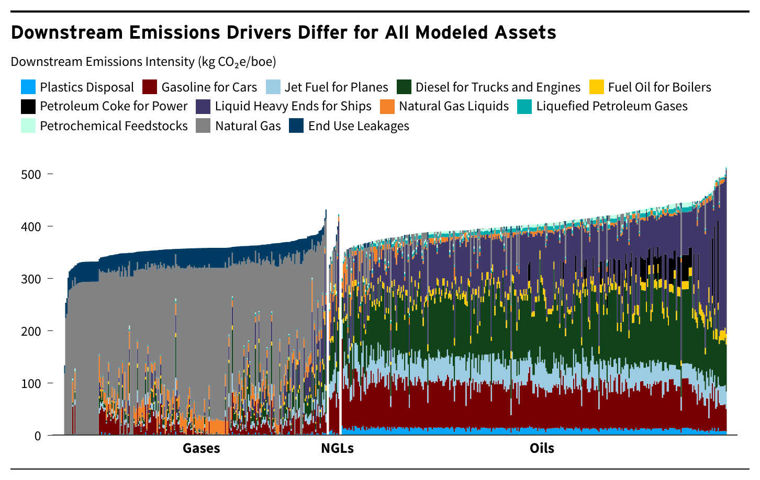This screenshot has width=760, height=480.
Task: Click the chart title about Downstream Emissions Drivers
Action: tap(283, 32)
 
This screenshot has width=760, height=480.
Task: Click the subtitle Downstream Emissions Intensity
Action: tap(143, 62)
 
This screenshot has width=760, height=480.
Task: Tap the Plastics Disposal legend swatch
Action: tap(28, 87)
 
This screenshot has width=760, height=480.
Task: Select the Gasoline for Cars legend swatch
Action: tap(150, 87)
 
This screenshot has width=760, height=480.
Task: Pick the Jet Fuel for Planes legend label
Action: tap(336, 87)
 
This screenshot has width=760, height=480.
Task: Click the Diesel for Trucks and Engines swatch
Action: tap(404, 87)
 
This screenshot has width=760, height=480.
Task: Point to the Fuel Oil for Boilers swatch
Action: tap(597, 87)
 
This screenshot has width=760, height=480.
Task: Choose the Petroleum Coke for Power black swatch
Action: tap(28, 106)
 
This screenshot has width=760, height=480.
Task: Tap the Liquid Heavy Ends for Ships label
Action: tap(293, 106)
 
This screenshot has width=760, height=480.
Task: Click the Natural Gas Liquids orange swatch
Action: tap(387, 106)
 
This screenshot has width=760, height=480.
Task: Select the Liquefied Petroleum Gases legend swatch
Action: tap(524, 106)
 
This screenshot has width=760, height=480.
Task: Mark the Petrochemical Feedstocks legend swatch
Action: tap(28, 126)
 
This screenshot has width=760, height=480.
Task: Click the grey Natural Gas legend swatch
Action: tap(204, 126)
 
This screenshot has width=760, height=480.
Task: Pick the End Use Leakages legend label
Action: tap(359, 126)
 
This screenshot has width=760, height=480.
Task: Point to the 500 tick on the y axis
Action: tap(31, 174)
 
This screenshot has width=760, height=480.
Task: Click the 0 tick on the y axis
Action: tap(38, 436)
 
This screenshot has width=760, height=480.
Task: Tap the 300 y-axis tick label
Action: tap(31, 279)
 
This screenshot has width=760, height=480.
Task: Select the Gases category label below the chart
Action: tap(201, 448)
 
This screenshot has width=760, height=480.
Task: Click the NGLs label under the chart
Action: tap(337, 448)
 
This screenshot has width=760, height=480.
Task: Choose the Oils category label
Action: tap(542, 448)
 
